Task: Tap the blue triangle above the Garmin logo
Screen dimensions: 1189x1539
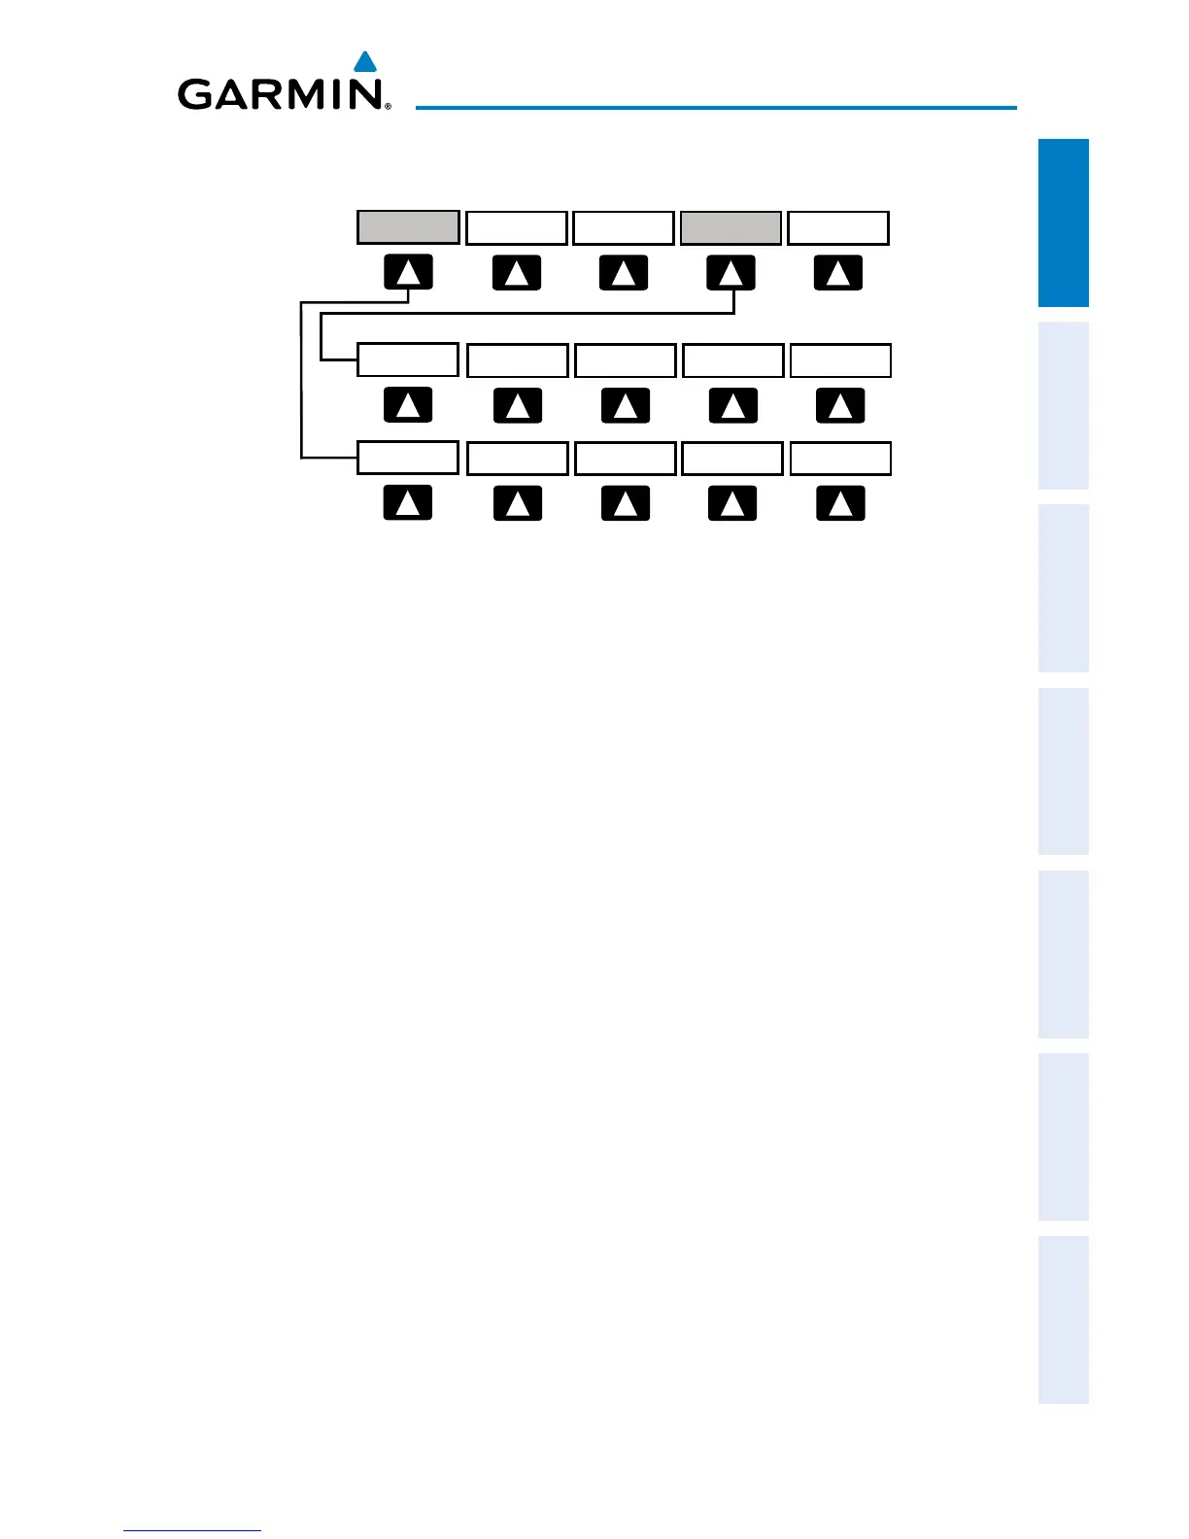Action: click(x=365, y=63)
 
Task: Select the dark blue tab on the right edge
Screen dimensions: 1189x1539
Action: click(x=1063, y=222)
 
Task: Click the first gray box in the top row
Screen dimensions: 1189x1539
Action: click(x=408, y=227)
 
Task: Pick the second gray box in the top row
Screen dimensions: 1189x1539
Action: click(x=730, y=227)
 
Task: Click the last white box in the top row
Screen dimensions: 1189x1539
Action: click(x=837, y=227)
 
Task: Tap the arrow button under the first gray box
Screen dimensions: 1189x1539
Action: click(x=408, y=273)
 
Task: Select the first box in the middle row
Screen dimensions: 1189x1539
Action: click(x=408, y=359)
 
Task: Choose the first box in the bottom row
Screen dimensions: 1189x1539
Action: click(x=408, y=458)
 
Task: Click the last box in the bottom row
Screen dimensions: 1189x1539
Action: click(x=840, y=458)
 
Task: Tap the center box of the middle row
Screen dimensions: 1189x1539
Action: click(x=625, y=359)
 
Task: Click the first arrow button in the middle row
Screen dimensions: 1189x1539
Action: click(x=408, y=405)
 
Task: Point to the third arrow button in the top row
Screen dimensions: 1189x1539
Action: click(x=624, y=273)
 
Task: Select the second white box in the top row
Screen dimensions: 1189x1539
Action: click(x=624, y=227)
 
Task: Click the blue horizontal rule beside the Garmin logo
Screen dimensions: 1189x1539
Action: click(x=716, y=107)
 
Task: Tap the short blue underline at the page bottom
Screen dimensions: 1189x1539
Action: click(x=192, y=1530)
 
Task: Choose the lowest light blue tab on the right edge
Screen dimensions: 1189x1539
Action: click(x=1063, y=1319)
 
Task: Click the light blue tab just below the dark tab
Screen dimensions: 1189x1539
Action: click(x=1063, y=405)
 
